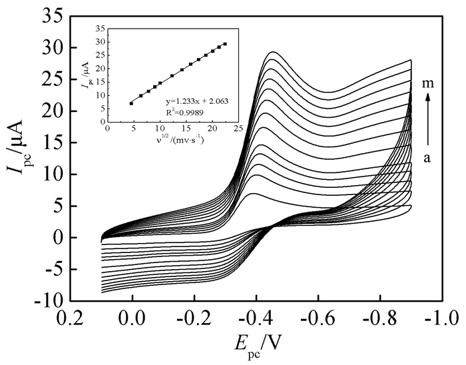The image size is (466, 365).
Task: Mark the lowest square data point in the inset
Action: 131,103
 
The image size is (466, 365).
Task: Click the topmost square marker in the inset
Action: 225,44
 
